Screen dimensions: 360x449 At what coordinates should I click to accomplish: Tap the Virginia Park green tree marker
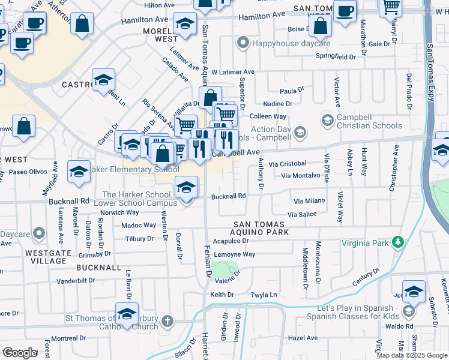point(397,242)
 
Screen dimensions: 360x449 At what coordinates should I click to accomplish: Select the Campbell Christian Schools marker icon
point(327,121)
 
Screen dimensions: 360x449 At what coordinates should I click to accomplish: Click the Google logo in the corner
point(19,352)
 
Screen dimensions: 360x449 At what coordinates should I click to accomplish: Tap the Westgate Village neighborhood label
point(46,257)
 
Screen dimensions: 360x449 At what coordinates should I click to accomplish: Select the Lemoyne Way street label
point(237,254)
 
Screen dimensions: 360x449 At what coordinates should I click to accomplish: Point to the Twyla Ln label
point(265,295)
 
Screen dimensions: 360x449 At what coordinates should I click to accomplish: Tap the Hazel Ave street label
point(303,338)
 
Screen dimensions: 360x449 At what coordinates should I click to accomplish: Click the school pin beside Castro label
point(104,80)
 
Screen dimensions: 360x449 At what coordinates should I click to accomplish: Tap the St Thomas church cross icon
point(167,322)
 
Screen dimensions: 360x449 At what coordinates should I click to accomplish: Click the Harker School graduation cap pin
point(186,188)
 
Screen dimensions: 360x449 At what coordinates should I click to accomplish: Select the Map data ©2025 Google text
point(411,355)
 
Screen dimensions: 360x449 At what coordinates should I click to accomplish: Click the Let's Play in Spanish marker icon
point(409,311)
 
